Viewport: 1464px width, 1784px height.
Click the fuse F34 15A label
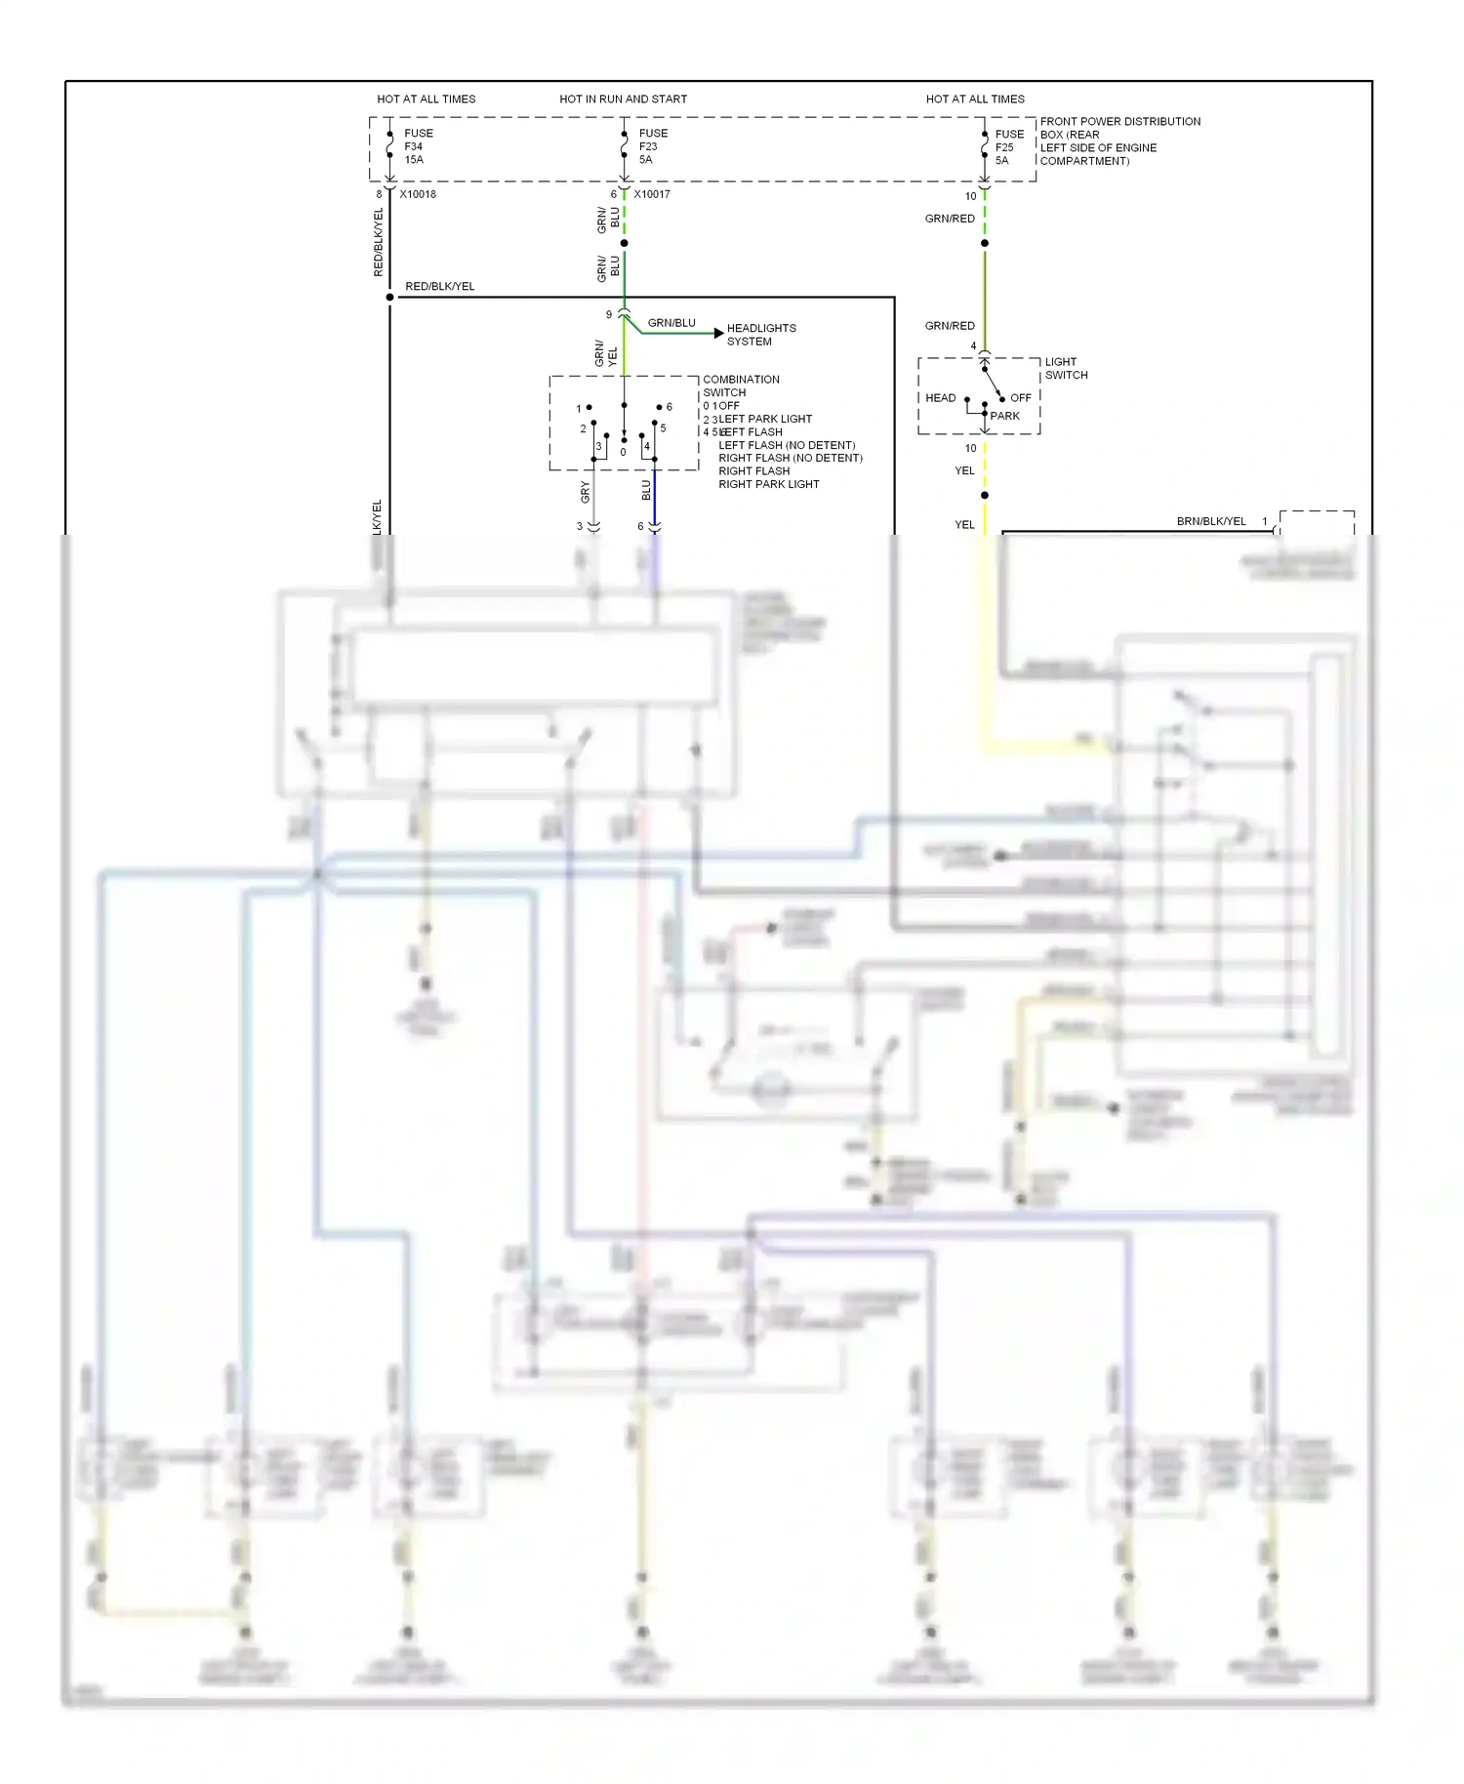click(418, 146)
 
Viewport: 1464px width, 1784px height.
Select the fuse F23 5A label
click(652, 146)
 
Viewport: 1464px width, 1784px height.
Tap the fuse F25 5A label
click(1008, 147)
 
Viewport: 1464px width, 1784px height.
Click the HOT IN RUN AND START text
click(623, 99)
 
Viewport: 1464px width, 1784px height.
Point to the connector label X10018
click(418, 194)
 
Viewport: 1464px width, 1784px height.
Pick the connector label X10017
click(652, 194)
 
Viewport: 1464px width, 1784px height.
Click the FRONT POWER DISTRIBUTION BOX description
click(1118, 142)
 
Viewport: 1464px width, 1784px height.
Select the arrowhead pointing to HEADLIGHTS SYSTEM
click(719, 334)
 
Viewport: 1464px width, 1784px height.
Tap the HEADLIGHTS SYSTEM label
click(760, 335)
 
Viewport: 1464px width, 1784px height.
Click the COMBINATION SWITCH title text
click(740, 385)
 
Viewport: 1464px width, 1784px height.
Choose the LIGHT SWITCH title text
click(1065, 368)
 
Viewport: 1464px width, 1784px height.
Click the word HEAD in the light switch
click(940, 398)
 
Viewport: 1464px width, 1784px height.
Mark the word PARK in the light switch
click(1004, 416)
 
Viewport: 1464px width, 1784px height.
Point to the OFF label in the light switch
click(1020, 398)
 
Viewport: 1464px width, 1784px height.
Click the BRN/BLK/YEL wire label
click(1210, 521)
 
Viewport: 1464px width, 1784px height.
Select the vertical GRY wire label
click(585, 492)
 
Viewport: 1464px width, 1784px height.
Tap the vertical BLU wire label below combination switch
click(645, 491)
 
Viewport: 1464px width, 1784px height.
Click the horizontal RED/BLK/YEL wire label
click(439, 286)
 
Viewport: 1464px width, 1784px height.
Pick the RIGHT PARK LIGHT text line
click(768, 484)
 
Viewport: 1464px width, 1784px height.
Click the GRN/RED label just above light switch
click(949, 326)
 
